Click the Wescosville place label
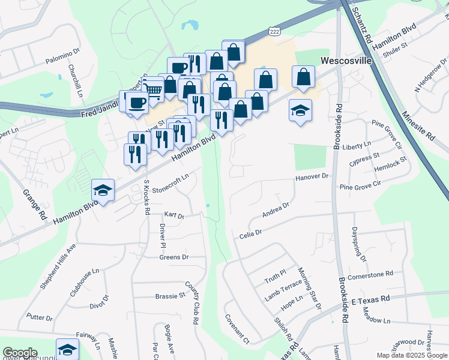pyautogui.click(x=346, y=61)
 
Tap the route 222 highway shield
pyautogui.click(x=275, y=31)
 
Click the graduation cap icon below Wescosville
pyautogui.click(x=300, y=110)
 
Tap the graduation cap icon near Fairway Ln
pyautogui.click(x=67, y=349)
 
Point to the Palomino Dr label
pyautogui.click(x=62, y=61)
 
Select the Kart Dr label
pyautogui.click(x=173, y=215)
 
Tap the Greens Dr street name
pyautogui.click(x=174, y=257)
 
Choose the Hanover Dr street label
pyautogui.click(x=313, y=177)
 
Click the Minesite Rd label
pyautogui.click(x=418, y=125)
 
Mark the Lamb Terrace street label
pyautogui.click(x=284, y=293)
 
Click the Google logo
pyautogui.click(x=20, y=353)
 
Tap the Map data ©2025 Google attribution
pyautogui.click(x=412, y=355)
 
